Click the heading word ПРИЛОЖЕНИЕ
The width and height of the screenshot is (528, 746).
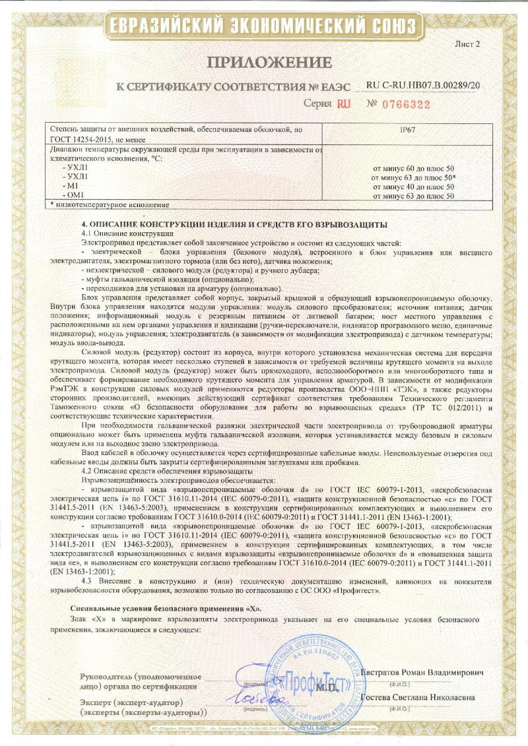[x=269, y=63]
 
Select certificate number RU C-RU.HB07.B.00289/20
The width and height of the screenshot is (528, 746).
[x=423, y=86]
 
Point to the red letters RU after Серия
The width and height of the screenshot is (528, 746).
[x=344, y=104]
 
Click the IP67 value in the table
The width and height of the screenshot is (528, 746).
[x=409, y=131]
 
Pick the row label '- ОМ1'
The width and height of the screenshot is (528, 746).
[x=71, y=195]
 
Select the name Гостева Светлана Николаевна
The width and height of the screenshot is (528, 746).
[x=422, y=698]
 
